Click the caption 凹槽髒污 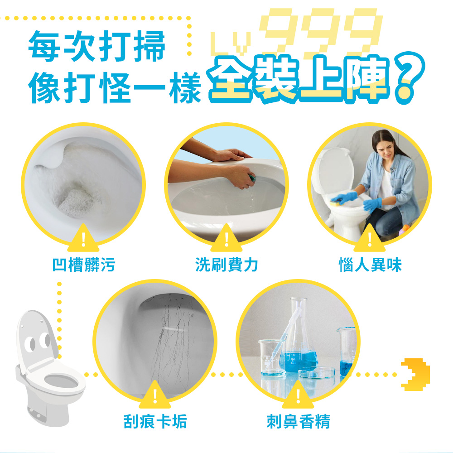pos(84,265)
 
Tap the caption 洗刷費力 pos(226,265)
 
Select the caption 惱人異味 pos(370,265)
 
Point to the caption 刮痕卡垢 pos(155,421)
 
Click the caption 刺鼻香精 pos(298,421)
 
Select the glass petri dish pos(317,372)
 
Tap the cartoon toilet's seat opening pos(61,382)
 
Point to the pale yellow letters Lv pos(230,43)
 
